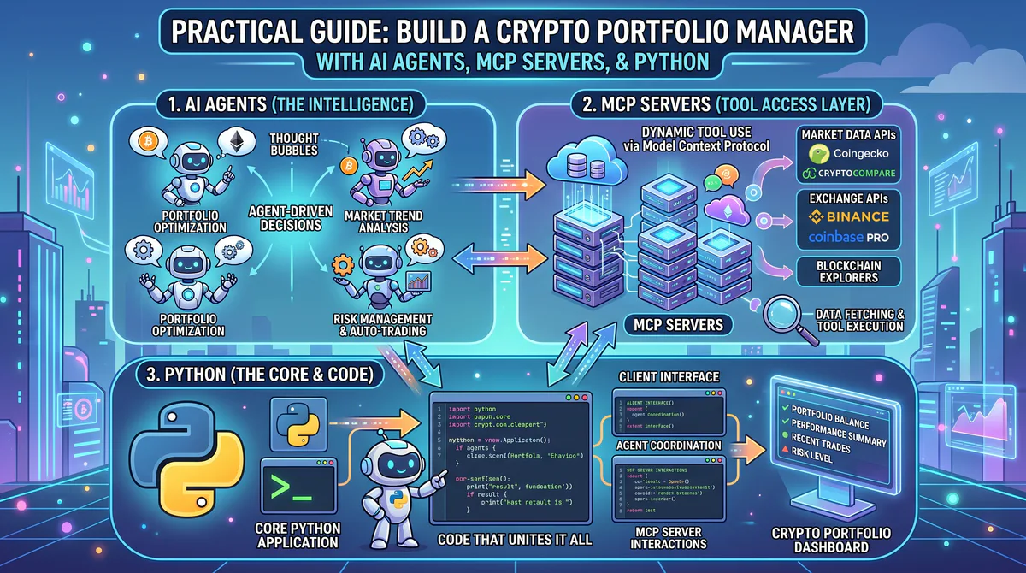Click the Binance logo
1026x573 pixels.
(x=846, y=216)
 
